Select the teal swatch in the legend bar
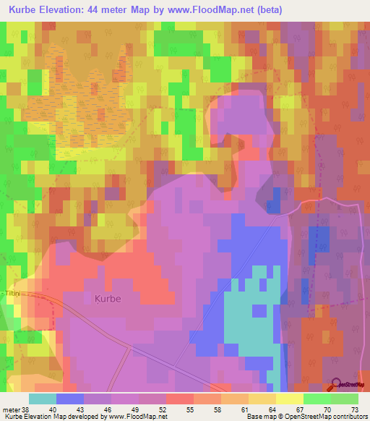(43, 399)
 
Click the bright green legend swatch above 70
(317, 399)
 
